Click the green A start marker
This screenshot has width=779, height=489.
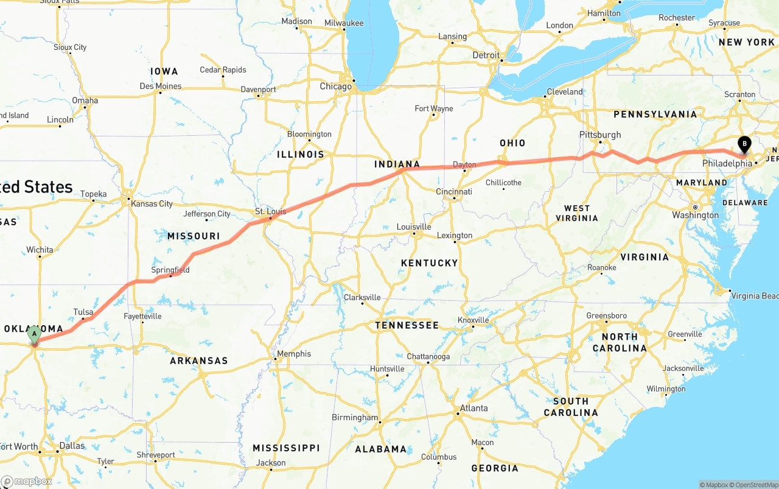coord(35,334)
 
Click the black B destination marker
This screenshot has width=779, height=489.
coord(744,144)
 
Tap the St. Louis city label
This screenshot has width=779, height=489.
coord(270,212)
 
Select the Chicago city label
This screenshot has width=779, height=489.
coord(336,86)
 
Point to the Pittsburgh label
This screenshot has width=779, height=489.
coord(600,135)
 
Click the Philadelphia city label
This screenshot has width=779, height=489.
coord(727,164)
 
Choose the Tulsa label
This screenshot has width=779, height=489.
coord(83,312)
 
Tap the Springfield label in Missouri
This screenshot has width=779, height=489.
coord(170,270)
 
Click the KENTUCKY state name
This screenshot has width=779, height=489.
coord(429,263)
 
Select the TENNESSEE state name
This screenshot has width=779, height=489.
coord(407,325)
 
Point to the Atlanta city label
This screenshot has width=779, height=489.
coord(474,408)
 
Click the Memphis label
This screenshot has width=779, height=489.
coord(294,354)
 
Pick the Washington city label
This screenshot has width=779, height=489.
coord(695,215)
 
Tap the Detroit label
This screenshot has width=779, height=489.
coord(486,55)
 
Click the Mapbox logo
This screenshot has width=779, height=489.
coord(26,481)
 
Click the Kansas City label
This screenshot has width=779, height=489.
coord(152,203)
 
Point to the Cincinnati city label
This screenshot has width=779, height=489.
coord(454,191)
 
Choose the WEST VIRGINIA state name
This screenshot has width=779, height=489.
coord(577,213)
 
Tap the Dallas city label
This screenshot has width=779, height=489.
coord(72,445)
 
